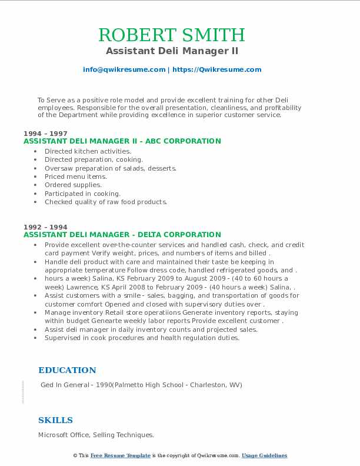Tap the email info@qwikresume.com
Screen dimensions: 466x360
coord(124,69)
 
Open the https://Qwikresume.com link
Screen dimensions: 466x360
coord(216,69)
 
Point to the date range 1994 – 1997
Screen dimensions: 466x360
coord(45,134)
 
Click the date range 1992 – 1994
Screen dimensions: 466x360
coord(45,227)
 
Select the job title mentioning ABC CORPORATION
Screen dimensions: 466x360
coord(122,141)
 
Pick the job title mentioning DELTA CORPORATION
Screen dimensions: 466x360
coord(122,234)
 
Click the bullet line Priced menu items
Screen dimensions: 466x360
coord(76,177)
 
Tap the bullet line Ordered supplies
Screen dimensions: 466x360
coord(73,185)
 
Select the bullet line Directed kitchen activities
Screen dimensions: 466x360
coord(88,151)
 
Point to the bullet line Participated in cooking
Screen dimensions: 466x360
coord(82,194)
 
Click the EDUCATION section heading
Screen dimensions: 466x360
coord(67,370)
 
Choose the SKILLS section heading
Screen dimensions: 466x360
coord(55,420)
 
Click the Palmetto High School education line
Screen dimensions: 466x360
coord(141,385)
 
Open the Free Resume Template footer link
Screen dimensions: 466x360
coord(121,455)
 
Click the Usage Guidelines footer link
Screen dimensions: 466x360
coord(264,455)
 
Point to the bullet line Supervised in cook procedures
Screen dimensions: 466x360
coord(142,338)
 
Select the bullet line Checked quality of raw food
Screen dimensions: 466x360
coord(106,202)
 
